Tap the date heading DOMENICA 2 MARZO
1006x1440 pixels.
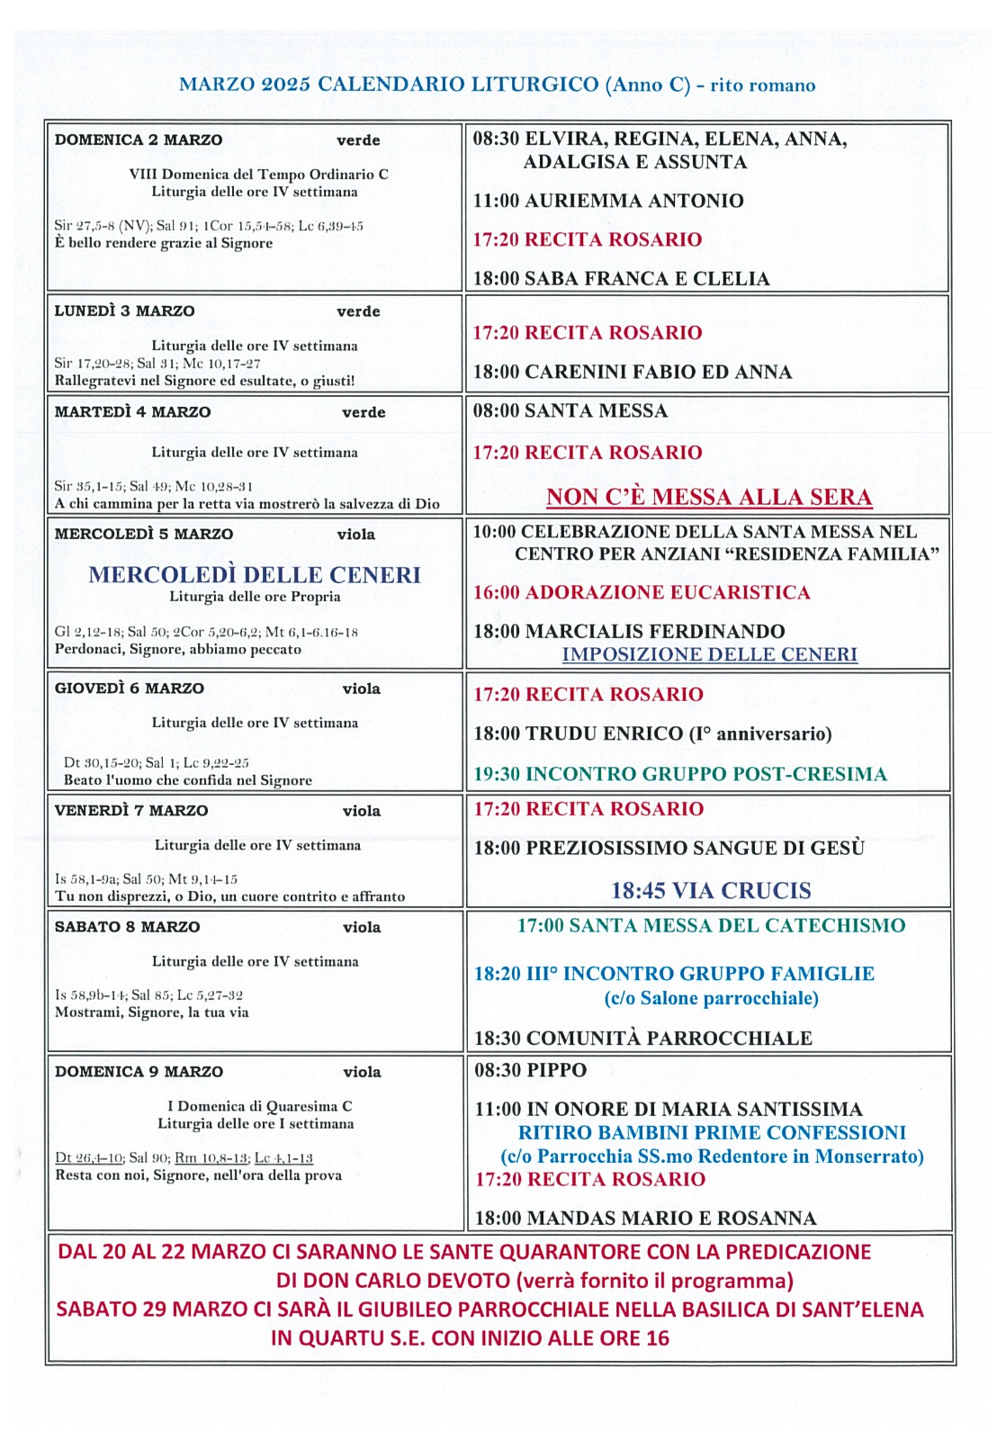click(x=139, y=139)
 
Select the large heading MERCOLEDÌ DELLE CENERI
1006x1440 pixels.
click(x=255, y=574)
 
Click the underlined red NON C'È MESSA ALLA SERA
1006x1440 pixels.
click(x=709, y=497)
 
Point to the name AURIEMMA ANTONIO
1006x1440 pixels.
click(x=633, y=201)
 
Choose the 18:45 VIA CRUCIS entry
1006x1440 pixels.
click(x=711, y=890)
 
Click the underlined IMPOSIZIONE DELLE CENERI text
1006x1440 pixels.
click(x=709, y=654)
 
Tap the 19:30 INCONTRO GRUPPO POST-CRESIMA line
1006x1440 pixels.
click(x=680, y=774)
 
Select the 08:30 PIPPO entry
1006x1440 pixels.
click(x=530, y=1070)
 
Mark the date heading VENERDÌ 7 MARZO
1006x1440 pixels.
click(x=131, y=810)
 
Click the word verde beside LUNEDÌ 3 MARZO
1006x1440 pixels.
click(x=358, y=311)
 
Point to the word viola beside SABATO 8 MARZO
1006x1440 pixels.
click(x=362, y=927)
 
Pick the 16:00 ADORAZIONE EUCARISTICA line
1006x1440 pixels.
click(x=642, y=592)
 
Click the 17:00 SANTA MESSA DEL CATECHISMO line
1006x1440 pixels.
click(x=711, y=925)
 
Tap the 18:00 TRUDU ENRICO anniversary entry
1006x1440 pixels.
click(x=652, y=733)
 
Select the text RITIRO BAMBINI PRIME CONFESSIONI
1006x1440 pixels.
click(x=712, y=1132)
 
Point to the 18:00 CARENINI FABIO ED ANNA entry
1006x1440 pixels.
click(x=633, y=372)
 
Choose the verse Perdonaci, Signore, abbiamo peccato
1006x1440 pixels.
click(x=178, y=649)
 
